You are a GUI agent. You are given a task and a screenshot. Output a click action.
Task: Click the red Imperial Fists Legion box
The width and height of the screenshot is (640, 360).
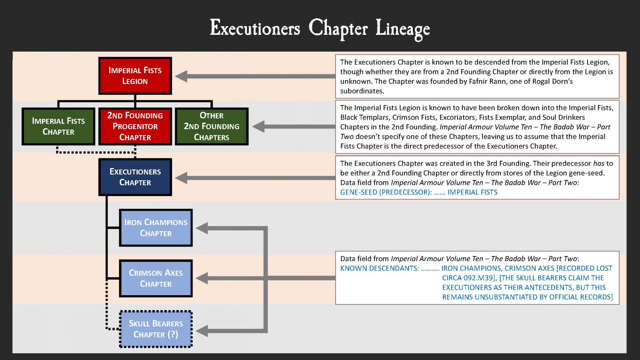(135, 76)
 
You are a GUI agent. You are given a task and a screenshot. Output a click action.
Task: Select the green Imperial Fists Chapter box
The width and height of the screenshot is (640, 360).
(58, 126)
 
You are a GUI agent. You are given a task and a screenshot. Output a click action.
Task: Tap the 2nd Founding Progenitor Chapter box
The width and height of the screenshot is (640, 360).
(135, 126)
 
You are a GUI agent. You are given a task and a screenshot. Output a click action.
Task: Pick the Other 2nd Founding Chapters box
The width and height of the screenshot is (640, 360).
(212, 126)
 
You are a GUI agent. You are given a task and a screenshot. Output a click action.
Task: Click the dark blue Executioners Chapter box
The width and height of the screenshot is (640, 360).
(135, 177)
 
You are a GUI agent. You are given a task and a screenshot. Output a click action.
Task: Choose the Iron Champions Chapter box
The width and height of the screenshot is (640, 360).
(156, 228)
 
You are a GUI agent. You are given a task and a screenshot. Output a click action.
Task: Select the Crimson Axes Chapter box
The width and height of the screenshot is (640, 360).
(156, 278)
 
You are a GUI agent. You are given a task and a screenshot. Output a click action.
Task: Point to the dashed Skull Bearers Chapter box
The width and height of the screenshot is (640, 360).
(156, 329)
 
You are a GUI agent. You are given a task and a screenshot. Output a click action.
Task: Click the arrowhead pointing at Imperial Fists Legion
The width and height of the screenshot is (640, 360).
(181, 76)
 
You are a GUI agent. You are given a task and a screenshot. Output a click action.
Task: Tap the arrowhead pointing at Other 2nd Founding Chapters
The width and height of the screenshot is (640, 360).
(258, 126)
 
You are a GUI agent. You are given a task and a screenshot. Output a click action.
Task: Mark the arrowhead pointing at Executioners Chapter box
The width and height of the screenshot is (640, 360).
(181, 178)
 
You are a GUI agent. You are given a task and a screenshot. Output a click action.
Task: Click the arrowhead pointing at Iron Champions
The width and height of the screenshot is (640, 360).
(202, 228)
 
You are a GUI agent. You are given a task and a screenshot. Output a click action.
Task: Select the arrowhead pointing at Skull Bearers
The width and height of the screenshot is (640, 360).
(202, 331)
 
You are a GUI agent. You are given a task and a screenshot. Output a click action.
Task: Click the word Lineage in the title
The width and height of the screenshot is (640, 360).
(402, 29)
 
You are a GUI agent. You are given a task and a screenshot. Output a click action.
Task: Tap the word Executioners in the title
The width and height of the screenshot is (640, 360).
(255, 28)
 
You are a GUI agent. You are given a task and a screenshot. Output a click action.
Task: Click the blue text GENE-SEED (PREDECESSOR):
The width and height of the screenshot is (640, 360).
(386, 192)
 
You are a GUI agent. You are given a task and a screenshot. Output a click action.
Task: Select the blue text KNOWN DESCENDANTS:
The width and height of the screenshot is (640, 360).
(379, 268)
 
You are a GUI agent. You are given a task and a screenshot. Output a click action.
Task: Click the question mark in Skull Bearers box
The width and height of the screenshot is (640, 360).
(173, 334)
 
